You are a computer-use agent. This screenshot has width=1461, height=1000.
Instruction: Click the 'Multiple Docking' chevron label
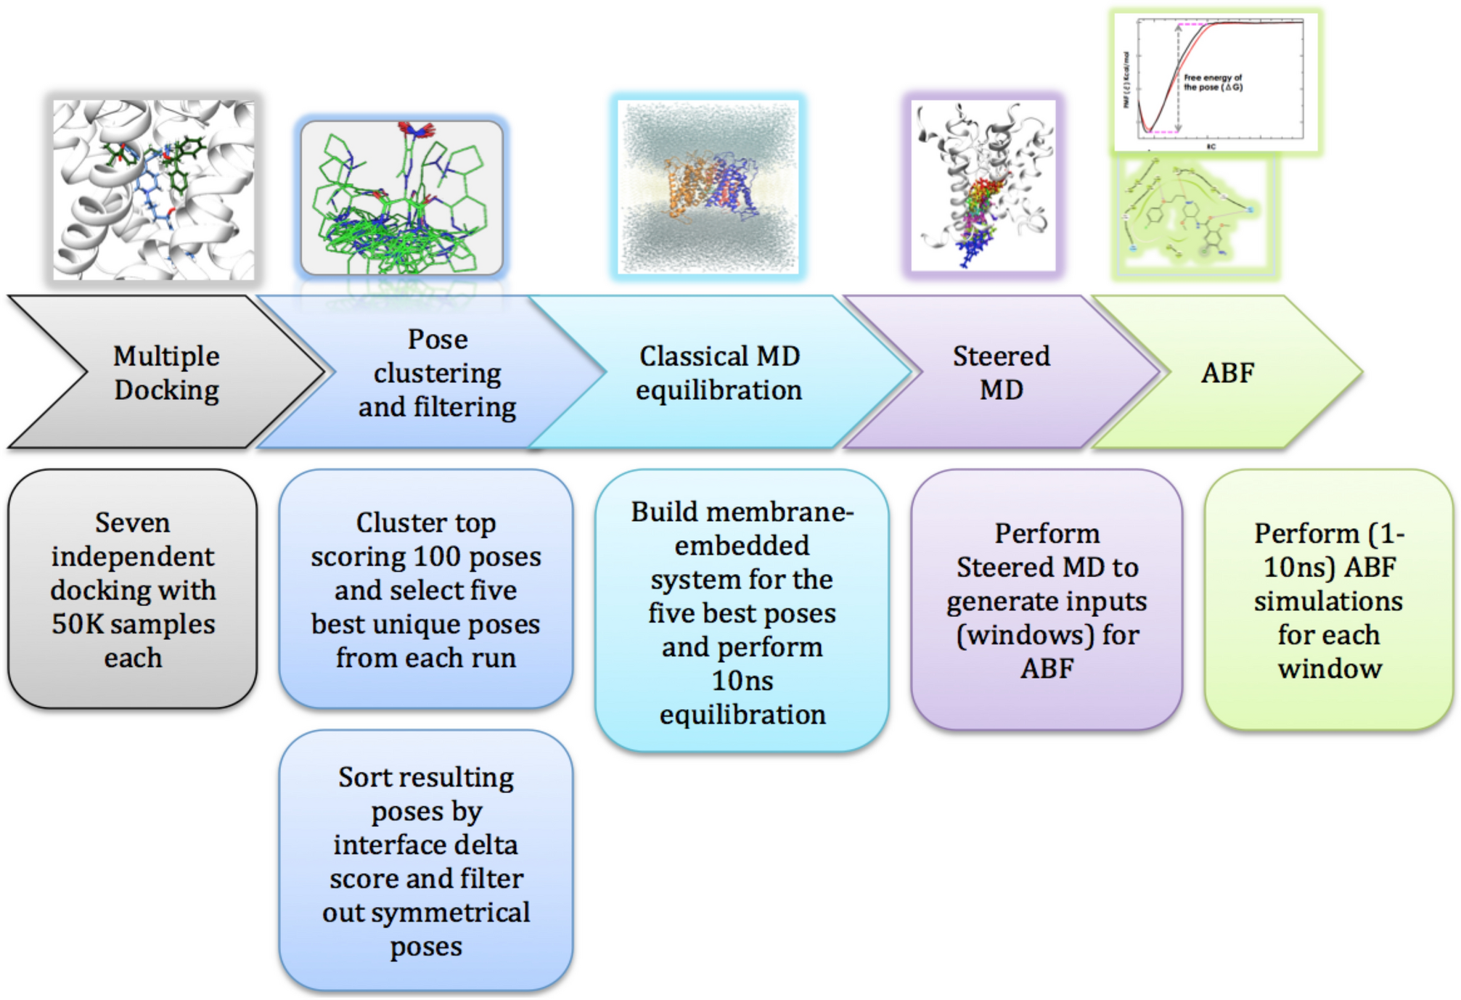pyautogui.click(x=166, y=373)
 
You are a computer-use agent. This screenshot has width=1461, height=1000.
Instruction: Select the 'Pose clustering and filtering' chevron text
pyautogui.click(x=437, y=373)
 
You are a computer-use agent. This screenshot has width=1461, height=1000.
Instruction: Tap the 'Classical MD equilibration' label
pyautogui.click(x=719, y=373)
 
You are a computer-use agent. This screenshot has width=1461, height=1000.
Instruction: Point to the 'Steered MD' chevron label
pyautogui.click(x=1001, y=373)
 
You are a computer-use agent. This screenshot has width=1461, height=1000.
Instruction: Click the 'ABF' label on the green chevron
pyautogui.click(x=1227, y=373)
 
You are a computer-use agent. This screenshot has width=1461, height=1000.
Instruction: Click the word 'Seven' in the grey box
pyautogui.click(x=133, y=522)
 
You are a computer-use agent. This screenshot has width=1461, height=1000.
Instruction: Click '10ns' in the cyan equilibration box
pyautogui.click(x=742, y=681)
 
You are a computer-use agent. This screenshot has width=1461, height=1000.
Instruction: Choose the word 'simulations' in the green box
pyautogui.click(x=1328, y=601)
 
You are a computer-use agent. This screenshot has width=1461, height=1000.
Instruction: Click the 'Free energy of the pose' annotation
pyautogui.click(x=1213, y=82)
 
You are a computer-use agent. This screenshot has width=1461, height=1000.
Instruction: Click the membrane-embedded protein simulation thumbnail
pyautogui.click(x=708, y=187)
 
